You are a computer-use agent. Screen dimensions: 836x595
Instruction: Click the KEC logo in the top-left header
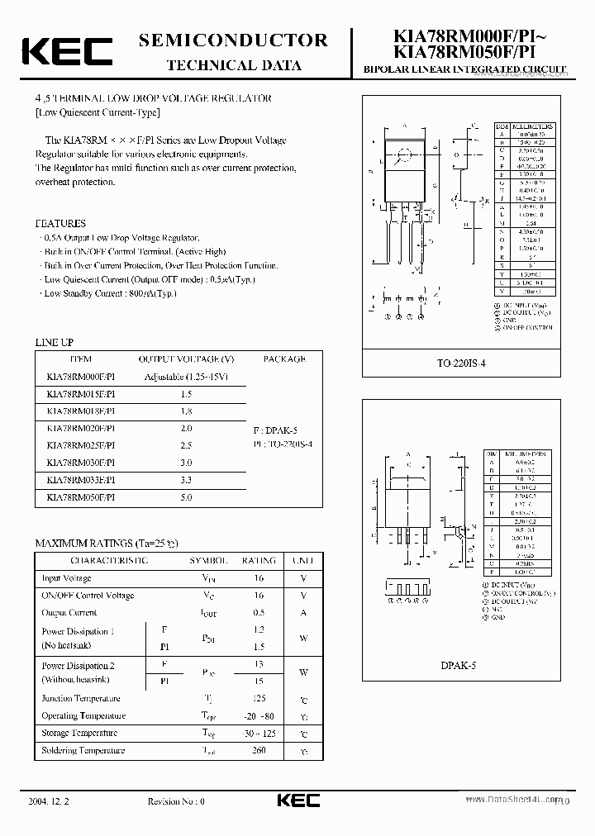67,51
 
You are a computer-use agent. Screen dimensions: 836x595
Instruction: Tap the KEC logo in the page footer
297,801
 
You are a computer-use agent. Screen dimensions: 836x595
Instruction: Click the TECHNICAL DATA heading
234,66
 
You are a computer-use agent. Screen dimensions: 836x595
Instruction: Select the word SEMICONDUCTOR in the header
234,40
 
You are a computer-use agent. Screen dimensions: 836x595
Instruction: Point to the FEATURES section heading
60,223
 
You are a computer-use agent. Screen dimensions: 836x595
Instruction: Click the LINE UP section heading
55,342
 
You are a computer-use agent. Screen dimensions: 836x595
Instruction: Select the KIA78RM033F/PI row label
81,480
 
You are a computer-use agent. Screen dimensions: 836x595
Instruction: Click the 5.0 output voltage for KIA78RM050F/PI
186,497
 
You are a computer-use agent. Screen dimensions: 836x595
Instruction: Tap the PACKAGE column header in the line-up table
284,359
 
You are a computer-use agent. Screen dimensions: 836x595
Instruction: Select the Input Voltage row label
66,578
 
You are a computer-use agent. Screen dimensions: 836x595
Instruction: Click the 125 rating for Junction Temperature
259,699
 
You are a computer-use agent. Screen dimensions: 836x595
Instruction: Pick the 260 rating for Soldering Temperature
259,751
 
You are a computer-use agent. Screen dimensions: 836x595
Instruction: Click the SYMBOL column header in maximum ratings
208,560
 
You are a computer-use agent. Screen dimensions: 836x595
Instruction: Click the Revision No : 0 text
175,801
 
